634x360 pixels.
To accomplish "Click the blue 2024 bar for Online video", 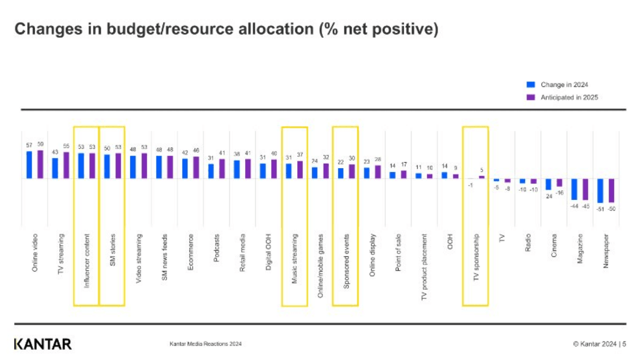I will pos(29,165).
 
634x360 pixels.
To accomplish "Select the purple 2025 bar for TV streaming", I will pos(66,165).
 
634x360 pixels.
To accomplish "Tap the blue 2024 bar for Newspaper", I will pos(601,190).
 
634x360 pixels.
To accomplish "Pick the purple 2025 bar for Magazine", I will pos(585,189).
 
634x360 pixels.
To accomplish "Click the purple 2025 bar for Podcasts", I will pos(222,169).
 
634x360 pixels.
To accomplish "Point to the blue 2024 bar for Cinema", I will pos(549,184).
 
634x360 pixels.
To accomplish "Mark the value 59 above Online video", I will pos(40,145).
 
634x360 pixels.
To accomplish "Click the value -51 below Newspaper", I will pos(600,209).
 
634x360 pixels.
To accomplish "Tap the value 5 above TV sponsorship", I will pos(482,170).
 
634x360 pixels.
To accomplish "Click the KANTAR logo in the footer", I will pos(42,344).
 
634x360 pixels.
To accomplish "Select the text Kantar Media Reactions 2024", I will pos(205,344).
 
